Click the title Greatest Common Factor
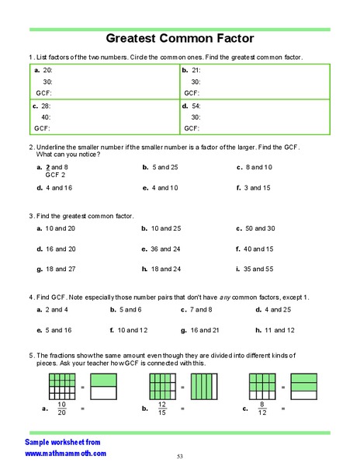[179, 38]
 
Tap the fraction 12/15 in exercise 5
[161, 408]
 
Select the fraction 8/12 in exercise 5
[262, 408]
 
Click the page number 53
[179, 456]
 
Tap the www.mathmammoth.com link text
[65, 453]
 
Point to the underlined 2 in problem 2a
[49, 167]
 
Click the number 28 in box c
[46, 105]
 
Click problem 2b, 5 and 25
[161, 167]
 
